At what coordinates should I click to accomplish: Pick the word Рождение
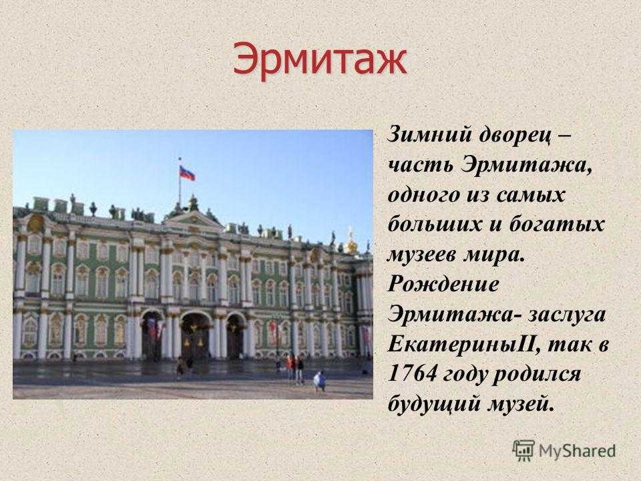click(443, 285)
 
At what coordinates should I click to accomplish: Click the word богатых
click(556, 224)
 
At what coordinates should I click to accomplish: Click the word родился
click(536, 375)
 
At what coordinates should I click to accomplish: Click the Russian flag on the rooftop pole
click(187, 174)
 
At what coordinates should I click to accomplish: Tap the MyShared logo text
click(577, 451)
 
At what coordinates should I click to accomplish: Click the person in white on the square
click(320, 381)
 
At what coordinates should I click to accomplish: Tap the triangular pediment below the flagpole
click(192, 219)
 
